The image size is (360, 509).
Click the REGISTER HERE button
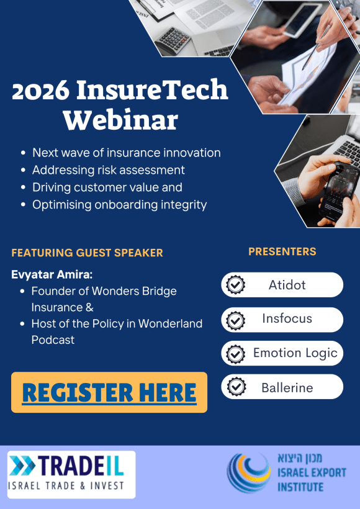pos(109,392)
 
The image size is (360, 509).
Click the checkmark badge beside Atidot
pos(235,285)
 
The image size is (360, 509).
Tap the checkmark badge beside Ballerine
pos(235,387)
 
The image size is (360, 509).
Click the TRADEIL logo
pos(71,474)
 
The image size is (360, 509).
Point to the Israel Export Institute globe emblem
pos(248,472)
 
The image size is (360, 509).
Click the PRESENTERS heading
pos(282,251)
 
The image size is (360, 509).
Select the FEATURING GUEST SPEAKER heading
pos(87,253)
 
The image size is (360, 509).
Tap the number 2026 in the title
pos(40,91)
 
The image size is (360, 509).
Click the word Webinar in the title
pos(120,119)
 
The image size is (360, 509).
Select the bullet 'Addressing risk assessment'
pos(108,169)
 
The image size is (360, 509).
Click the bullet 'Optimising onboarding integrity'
pos(119,204)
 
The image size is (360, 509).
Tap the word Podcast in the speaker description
pos(53,340)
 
